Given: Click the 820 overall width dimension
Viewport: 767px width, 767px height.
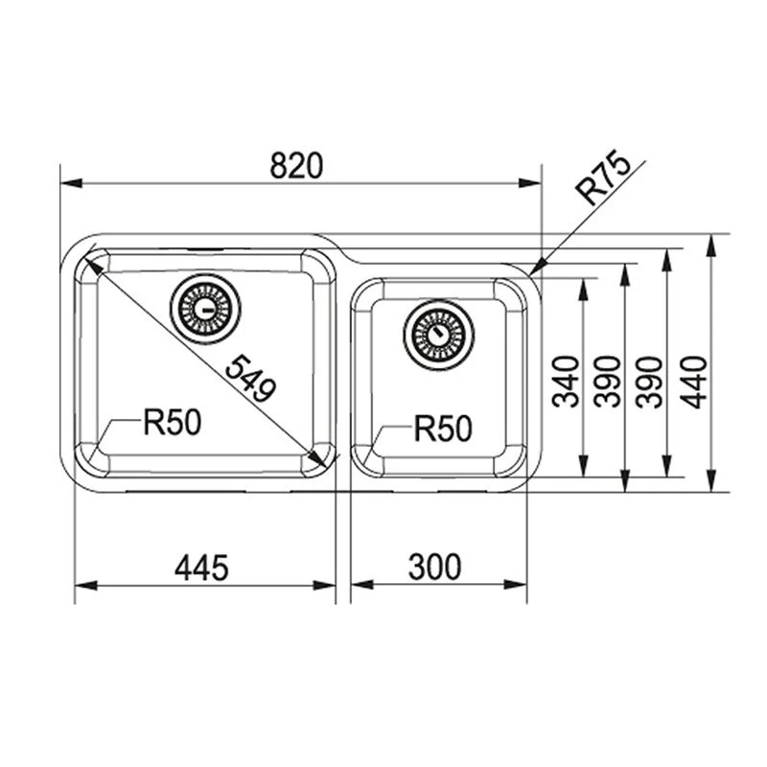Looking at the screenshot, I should tap(293, 166).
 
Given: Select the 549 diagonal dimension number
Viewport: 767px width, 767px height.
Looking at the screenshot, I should tap(250, 378).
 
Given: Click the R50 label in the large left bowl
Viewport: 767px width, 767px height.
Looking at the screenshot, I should tap(173, 422).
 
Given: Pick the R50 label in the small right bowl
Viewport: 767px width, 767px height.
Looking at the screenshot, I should tap(443, 429).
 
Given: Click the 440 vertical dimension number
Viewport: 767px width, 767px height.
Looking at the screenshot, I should tap(693, 381).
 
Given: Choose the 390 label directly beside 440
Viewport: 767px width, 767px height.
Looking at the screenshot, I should tap(651, 381).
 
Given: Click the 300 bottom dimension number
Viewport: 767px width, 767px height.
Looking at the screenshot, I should tap(434, 569).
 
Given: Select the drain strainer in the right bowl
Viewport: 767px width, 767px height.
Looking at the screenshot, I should tap(438, 333).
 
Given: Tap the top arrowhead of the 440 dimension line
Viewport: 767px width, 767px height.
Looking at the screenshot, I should tap(710, 240).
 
